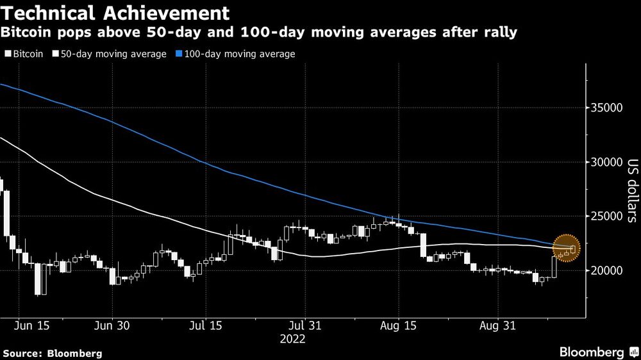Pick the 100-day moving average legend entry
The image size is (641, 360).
239,54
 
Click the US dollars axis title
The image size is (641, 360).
631,190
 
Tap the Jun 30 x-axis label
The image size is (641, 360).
112,325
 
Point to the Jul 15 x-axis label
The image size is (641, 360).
206,325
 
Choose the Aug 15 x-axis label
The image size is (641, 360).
399,325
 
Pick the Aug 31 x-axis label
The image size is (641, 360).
497,325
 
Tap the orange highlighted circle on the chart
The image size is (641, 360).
566,247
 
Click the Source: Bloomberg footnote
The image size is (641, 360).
53,353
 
